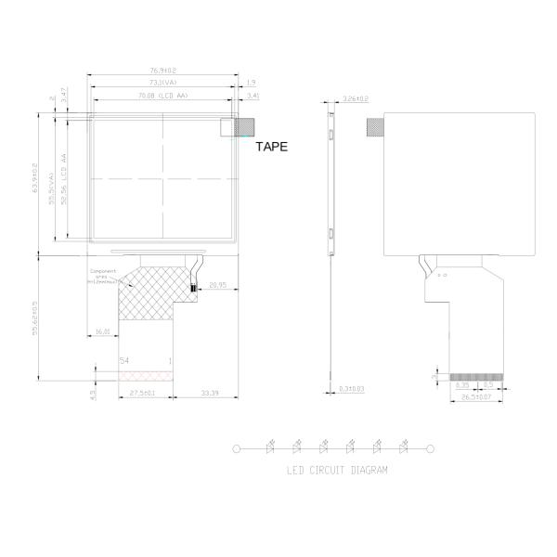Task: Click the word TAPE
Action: pos(271,147)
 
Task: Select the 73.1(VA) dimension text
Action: pos(163,83)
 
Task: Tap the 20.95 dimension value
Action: pos(218,285)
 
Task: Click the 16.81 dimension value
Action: pos(102,330)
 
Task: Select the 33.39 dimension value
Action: pos(209,395)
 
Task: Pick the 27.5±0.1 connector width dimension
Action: pos(141,395)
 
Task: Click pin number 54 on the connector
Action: pos(124,359)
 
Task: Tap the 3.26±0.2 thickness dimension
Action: pos(356,98)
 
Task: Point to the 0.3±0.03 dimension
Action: pos(352,388)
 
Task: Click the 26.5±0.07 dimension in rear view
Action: pos(476,397)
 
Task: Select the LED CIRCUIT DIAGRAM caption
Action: pos(337,471)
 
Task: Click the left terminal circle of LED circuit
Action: pos(237,448)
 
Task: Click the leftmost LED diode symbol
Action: pos(271,447)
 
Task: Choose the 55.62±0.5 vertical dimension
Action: pos(34,317)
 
